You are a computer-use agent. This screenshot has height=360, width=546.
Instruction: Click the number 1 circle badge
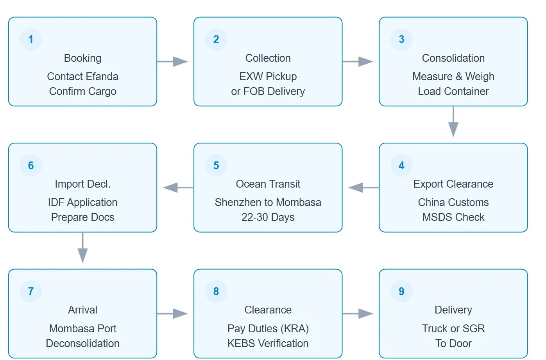[31, 39]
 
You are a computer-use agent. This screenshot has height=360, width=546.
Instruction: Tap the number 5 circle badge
[216, 166]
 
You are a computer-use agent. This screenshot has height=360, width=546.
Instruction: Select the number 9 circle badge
[401, 292]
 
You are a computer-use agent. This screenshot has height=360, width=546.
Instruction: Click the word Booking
[82, 58]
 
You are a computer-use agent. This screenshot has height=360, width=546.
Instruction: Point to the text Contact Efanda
[82, 77]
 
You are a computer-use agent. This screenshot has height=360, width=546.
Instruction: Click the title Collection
[268, 58]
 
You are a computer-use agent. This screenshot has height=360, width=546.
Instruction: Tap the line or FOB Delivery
[268, 91]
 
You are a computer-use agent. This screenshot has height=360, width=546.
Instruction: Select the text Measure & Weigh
[453, 77]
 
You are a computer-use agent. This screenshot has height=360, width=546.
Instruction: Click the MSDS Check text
[453, 217]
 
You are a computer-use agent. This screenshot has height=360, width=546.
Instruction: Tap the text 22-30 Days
[268, 217]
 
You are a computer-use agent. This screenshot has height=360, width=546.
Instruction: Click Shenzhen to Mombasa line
[268, 202]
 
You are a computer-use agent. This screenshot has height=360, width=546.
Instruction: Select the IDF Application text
[82, 202]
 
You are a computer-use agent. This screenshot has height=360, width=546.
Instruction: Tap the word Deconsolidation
[82, 344]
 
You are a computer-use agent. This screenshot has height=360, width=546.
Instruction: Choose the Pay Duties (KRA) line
[268, 329]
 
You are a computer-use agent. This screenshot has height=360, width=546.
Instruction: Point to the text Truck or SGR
[453, 329]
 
